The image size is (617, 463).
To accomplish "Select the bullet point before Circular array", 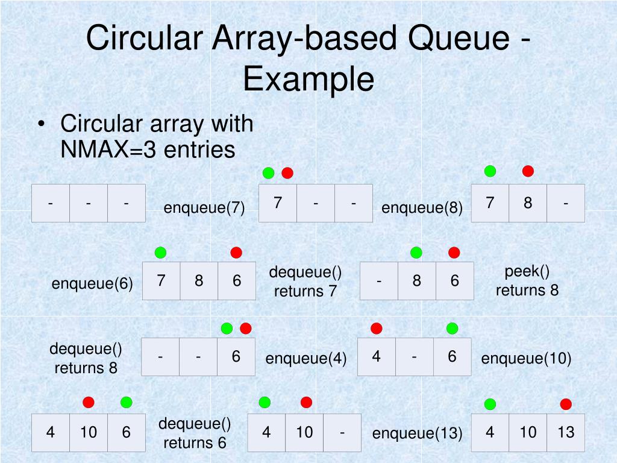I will coord(41,124).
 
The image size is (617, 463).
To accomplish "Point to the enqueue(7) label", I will coord(204,208).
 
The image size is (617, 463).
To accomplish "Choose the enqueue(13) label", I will coord(417,433).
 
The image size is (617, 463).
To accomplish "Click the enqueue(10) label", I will coord(526,359).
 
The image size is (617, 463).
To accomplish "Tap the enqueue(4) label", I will coord(306,359).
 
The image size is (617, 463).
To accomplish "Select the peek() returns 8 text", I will coord(527,281).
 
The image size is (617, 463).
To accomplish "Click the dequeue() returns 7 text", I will coord(305,282).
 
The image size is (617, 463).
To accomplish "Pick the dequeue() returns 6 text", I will coord(195,433).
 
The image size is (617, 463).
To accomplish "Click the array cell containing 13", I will coord(566,432).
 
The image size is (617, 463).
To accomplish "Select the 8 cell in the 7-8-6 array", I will coord(199,281).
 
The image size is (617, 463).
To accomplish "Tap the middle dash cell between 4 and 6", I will coord(415,357).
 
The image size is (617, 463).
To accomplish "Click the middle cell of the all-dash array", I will coord(89,203).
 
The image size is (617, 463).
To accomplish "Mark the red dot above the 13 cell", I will coord(566,404).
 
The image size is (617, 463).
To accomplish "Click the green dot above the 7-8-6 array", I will coord(160,252).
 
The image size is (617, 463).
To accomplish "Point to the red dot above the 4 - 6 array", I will coord(377,329).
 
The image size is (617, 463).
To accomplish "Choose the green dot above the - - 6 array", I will coord(227,329).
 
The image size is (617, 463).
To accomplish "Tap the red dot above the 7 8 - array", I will coord(528,171).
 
